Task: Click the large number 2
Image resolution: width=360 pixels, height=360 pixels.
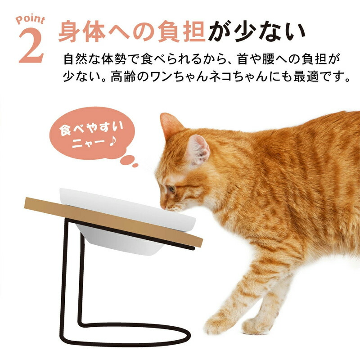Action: point(31,46)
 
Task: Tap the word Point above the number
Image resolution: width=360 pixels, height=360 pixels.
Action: point(30,20)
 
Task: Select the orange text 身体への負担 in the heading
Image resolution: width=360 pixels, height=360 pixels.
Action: point(132,31)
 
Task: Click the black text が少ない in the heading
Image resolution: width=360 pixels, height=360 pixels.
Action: point(256,31)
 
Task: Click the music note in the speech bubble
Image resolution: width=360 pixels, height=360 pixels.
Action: point(113,142)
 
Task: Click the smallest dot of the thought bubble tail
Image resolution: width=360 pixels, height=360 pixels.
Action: point(135,165)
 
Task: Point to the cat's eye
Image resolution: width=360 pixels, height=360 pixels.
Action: point(171,189)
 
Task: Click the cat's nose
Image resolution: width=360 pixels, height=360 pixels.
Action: point(163,207)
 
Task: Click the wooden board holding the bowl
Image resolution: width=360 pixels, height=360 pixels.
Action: point(113,222)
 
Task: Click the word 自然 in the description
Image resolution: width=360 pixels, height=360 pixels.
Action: point(76,59)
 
